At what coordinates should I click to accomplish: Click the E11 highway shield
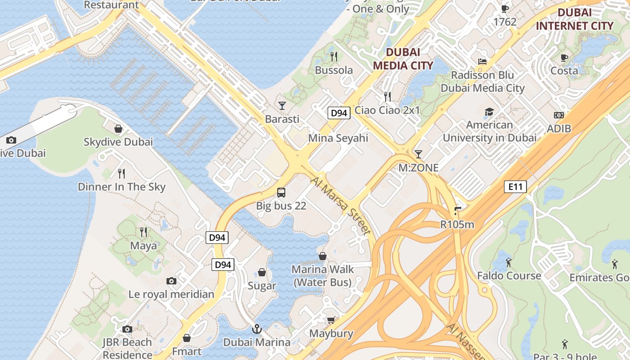pyautogui.click(x=515, y=187)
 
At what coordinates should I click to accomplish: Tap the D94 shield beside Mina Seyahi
pyautogui.click(x=338, y=113)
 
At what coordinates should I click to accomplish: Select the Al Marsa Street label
pyautogui.click(x=341, y=205)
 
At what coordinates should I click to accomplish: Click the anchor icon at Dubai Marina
pyautogui.click(x=256, y=329)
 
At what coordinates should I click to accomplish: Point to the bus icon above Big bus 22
pyautogui.click(x=281, y=193)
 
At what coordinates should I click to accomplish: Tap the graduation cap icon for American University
pyautogui.click(x=489, y=112)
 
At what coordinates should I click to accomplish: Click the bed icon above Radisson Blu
pyautogui.click(x=482, y=62)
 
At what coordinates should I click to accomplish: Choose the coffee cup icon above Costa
pyautogui.click(x=564, y=58)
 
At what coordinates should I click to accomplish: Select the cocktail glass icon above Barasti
pyautogui.click(x=282, y=106)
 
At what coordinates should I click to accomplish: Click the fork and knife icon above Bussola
pyautogui.click(x=334, y=57)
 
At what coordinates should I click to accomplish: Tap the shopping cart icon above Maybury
pyautogui.click(x=331, y=320)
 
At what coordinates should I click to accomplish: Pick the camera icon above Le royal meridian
pyautogui.click(x=171, y=281)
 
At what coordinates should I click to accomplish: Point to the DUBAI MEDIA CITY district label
pyautogui.click(x=403, y=59)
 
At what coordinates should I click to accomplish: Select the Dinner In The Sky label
pyautogui.click(x=121, y=187)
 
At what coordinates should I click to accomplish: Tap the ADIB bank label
pyautogui.click(x=559, y=129)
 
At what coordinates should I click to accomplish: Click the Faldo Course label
pyautogui.click(x=509, y=275)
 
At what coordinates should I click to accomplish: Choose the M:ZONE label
pyautogui.click(x=418, y=168)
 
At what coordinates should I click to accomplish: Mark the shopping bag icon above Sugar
pyautogui.click(x=262, y=273)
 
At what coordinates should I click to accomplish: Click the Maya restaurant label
pyautogui.click(x=144, y=246)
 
